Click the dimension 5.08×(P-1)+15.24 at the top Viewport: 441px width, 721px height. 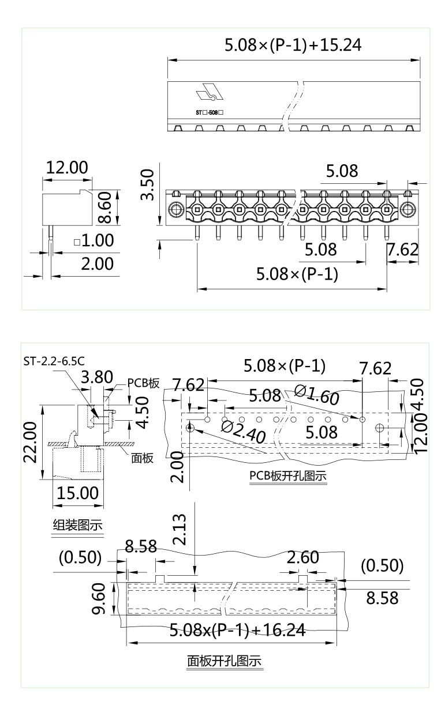pyautogui.click(x=293, y=45)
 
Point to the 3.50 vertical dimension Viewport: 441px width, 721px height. pyautogui.click(x=148, y=185)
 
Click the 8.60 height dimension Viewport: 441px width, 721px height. pyautogui.click(x=104, y=207)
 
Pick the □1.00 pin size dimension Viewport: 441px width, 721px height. pyautogui.click(x=94, y=240)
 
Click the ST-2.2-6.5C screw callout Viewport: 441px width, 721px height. pyautogui.click(x=54, y=361)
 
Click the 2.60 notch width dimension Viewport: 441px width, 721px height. pyautogui.click(x=303, y=557)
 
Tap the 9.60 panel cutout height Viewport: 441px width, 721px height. pyautogui.click(x=99, y=599)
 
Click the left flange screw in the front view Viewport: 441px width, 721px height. pyautogui.click(x=174, y=209)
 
